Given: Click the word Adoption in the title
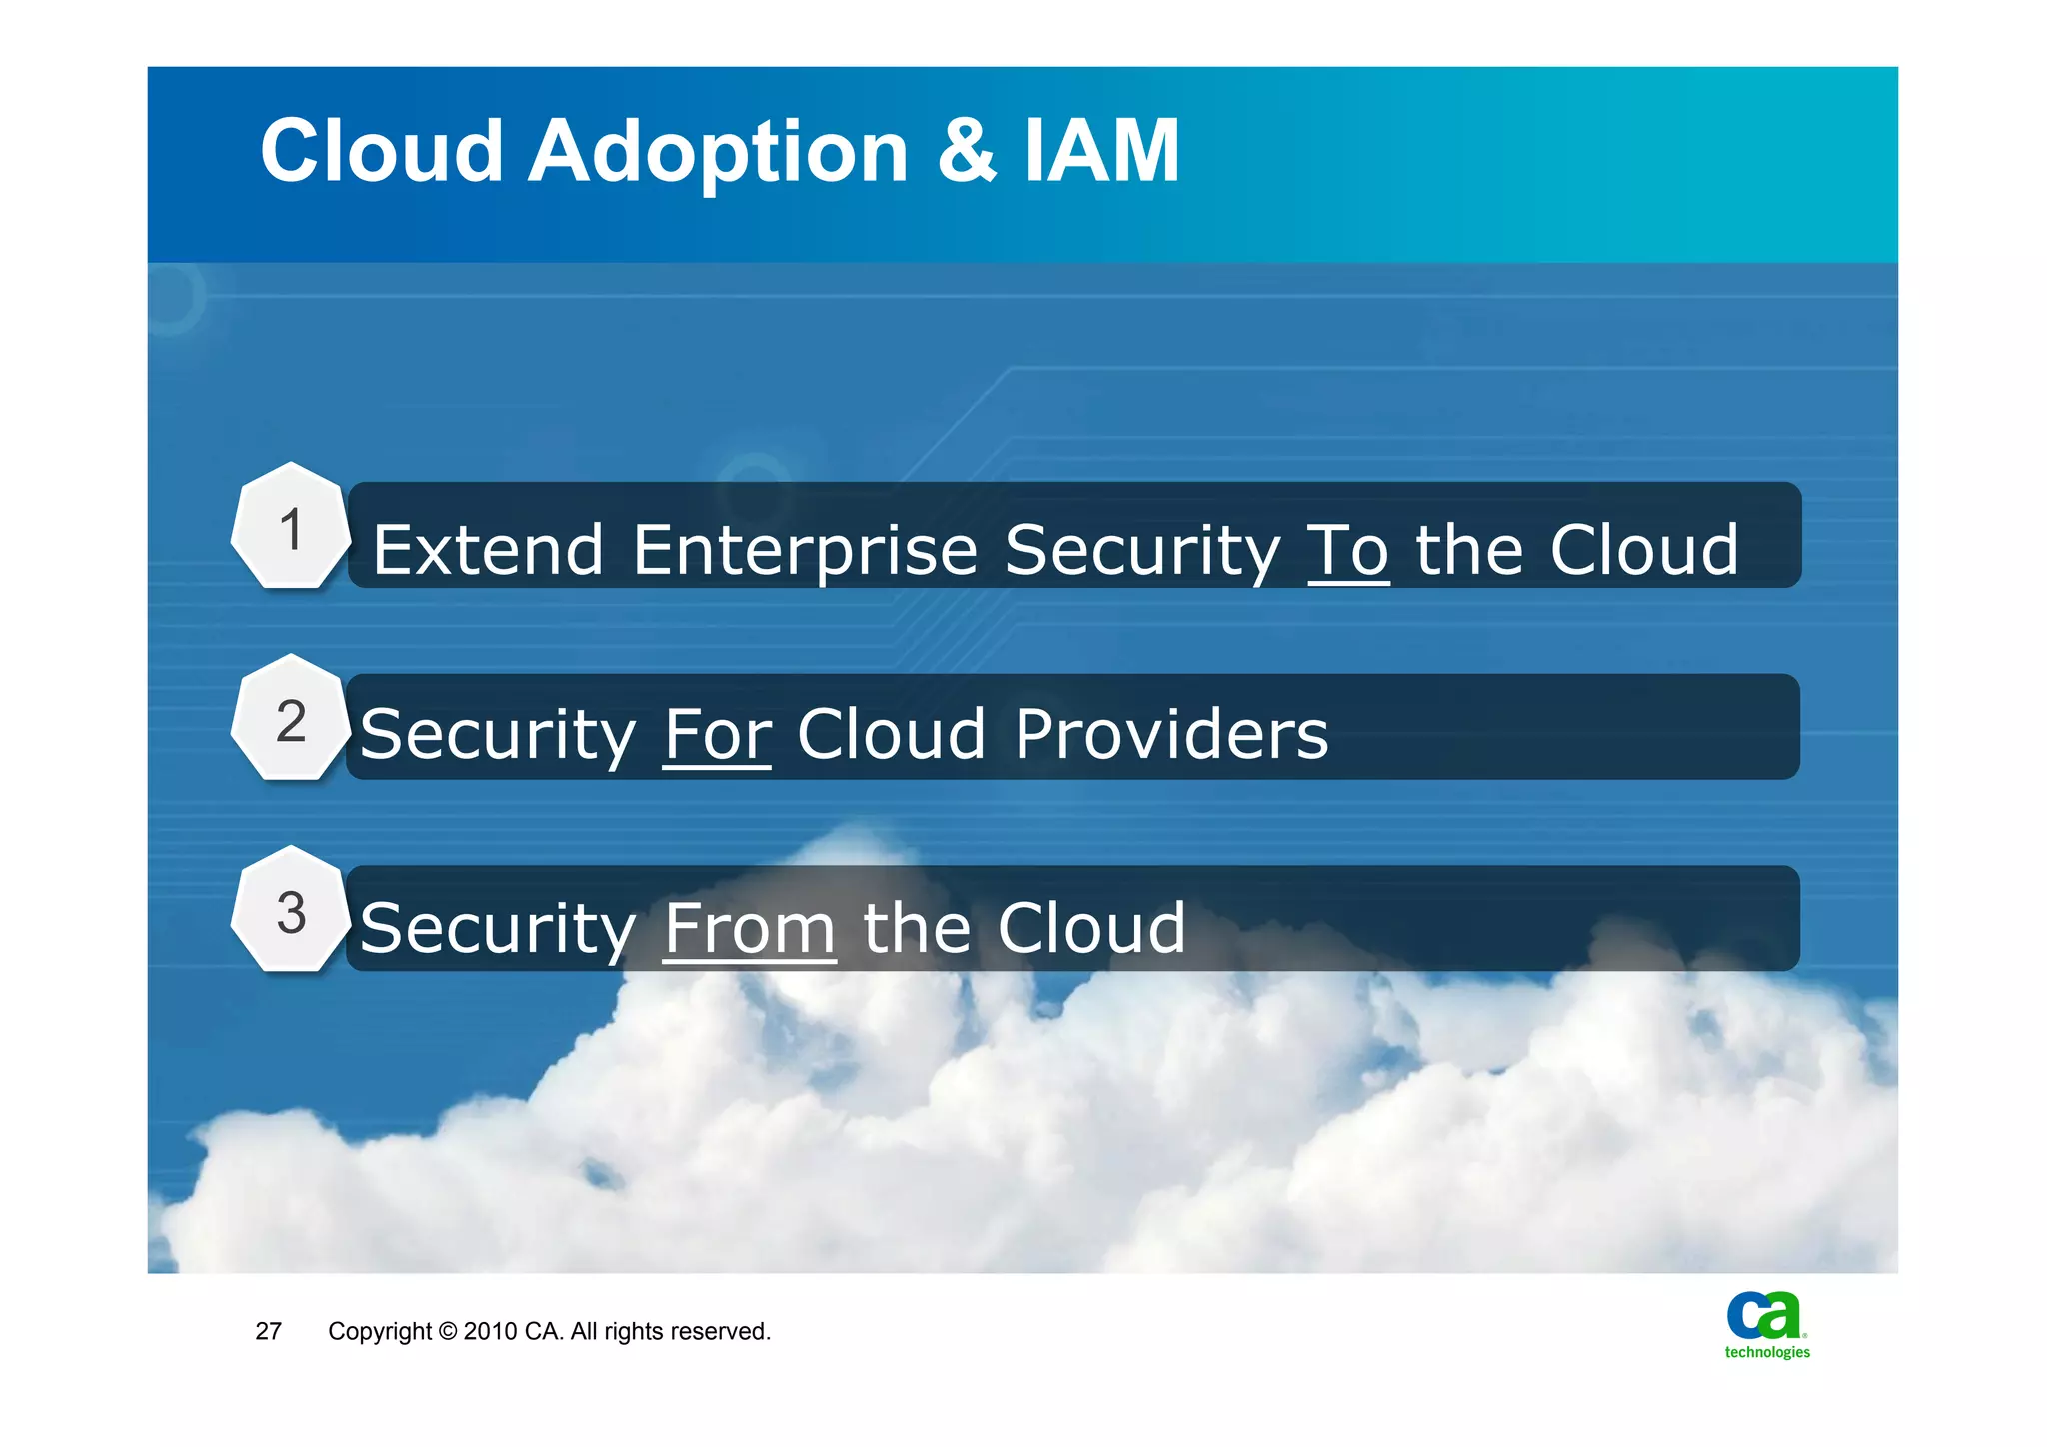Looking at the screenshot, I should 717,152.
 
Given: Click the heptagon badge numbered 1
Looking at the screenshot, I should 291,528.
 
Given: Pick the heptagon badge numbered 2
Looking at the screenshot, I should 291,720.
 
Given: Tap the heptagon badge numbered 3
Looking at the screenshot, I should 291,912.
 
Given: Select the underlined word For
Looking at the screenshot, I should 717,735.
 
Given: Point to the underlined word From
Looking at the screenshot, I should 749,929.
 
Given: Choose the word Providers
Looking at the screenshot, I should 1171,735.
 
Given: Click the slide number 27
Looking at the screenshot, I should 268,1331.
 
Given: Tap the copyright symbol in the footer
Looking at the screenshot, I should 447,1331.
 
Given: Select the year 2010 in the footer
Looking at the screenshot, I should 490,1331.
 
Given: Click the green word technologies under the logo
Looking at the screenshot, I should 1766,1352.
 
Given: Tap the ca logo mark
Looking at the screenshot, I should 1764,1315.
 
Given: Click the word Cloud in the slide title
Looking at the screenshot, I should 381,152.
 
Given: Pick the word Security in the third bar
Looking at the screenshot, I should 498,929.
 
